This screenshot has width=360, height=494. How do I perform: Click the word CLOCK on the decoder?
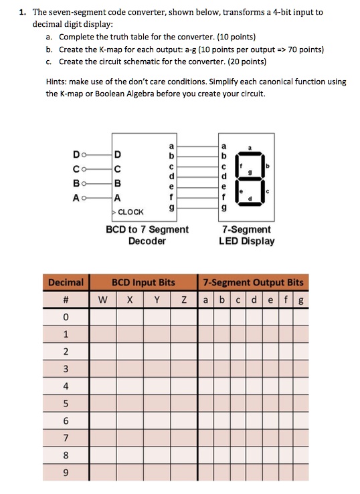(x=132, y=212)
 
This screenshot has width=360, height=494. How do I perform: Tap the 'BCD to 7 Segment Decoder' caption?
(x=147, y=235)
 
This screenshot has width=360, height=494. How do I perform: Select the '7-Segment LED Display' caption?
(x=246, y=235)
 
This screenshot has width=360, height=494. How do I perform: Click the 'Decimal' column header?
(x=66, y=282)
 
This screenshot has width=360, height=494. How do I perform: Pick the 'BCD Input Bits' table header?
(x=143, y=282)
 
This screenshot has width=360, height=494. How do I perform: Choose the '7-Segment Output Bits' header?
(x=253, y=282)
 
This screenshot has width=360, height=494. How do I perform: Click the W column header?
(x=102, y=299)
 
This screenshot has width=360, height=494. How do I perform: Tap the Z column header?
(x=182, y=299)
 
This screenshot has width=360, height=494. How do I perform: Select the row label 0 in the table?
(x=66, y=317)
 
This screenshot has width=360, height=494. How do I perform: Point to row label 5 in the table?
(x=66, y=404)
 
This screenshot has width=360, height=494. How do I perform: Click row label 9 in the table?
(x=66, y=473)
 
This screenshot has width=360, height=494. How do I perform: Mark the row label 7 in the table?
(x=66, y=439)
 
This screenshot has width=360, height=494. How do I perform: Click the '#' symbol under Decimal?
(x=66, y=299)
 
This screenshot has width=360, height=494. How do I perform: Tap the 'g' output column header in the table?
(x=302, y=299)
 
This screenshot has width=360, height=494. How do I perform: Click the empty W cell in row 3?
(x=102, y=369)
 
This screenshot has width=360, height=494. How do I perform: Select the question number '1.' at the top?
(x=23, y=12)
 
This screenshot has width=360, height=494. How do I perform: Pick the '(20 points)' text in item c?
(x=246, y=61)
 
